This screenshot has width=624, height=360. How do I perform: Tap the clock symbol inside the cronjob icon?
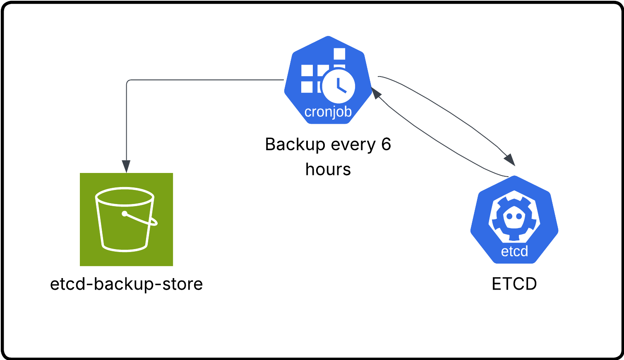(x=338, y=86)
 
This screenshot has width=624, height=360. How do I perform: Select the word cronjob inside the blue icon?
(x=328, y=112)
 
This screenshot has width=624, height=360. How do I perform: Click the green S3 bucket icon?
(x=126, y=219)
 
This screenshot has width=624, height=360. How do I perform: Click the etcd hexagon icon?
(x=514, y=219)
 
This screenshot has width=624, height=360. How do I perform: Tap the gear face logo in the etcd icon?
(x=514, y=217)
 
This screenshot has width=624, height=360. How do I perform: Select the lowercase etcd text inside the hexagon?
(x=514, y=251)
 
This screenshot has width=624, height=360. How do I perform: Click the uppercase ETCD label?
(x=514, y=284)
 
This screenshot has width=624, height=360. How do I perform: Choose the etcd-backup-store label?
(x=126, y=284)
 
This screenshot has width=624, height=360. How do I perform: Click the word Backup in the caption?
(x=295, y=144)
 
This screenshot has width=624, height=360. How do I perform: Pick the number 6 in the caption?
(x=386, y=144)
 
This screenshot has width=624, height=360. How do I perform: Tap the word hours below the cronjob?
(x=328, y=170)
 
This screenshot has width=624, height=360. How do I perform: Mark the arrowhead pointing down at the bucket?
(x=126, y=166)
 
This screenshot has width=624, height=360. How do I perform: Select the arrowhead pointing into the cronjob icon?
(x=376, y=93)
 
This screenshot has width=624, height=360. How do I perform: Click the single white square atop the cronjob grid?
(x=339, y=54)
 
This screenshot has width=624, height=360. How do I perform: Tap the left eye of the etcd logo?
(x=510, y=216)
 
